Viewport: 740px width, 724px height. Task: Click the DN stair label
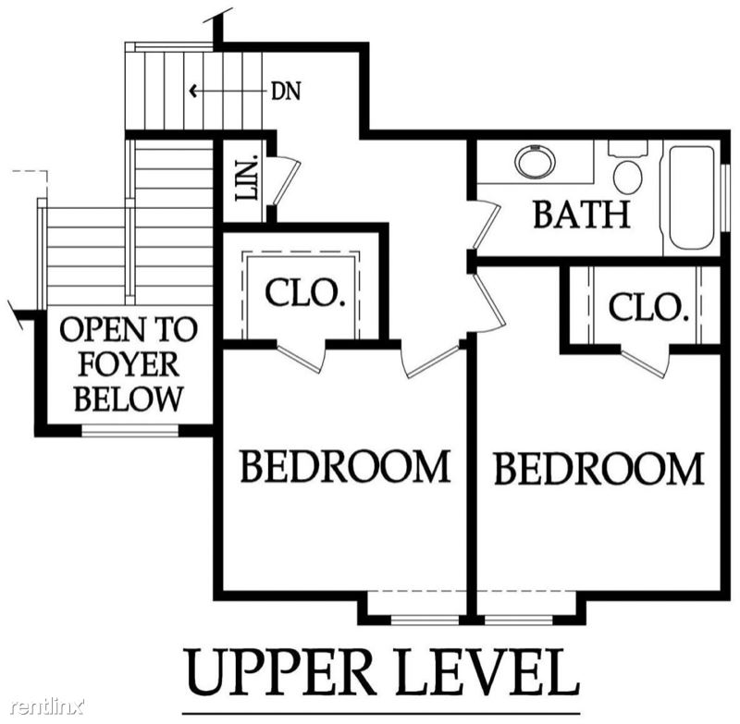pos(286,91)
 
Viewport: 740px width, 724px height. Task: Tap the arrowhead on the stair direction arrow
pos(192,90)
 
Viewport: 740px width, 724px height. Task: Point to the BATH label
pos(582,215)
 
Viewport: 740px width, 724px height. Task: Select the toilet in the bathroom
pos(628,168)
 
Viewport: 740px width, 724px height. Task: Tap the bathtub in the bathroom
pos(691,199)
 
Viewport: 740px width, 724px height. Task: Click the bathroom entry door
pos(487,225)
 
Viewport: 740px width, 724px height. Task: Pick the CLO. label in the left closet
pos(303,293)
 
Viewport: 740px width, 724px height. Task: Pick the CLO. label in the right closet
pos(646,308)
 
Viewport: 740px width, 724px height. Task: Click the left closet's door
pos(302,357)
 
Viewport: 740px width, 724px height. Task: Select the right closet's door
pos(645,362)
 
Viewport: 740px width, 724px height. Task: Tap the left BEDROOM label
pos(345,466)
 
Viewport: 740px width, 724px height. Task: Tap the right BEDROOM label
pos(598,469)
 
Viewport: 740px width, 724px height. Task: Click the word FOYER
pos(129,364)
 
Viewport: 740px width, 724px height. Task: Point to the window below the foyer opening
pos(129,430)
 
